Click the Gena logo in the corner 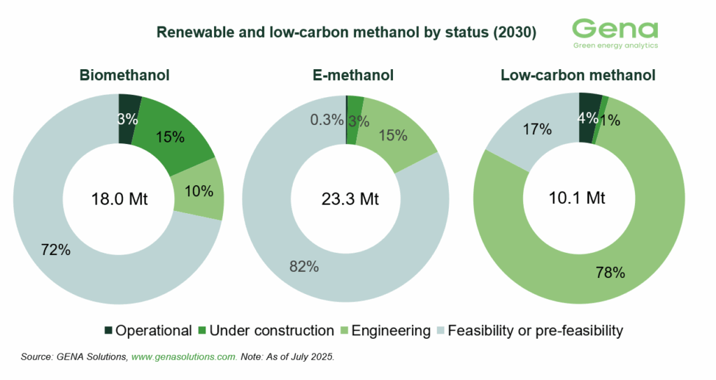615,33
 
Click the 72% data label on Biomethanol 55,249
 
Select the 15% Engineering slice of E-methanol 392,135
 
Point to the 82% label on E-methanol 303,266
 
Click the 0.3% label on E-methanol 326,120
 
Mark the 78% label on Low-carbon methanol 609,272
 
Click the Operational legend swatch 108,330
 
